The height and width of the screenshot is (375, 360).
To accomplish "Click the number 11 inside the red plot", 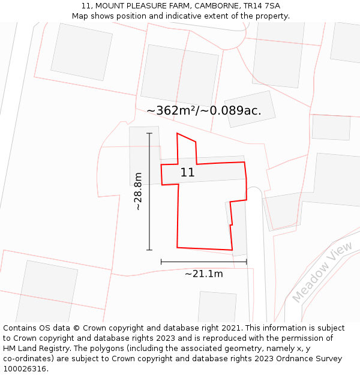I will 187,173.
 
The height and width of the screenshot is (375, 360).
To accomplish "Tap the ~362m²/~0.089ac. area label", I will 204,110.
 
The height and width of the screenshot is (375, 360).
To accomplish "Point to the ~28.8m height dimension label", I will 138,191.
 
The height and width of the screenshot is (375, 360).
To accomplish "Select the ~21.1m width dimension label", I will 203,274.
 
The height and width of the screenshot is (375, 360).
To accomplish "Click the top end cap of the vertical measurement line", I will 149,133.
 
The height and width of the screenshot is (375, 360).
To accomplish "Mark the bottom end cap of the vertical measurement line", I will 149,250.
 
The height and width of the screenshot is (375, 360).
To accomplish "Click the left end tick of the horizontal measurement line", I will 161,262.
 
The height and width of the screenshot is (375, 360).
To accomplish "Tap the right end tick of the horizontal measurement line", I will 247,262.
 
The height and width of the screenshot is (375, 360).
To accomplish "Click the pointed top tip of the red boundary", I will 177,133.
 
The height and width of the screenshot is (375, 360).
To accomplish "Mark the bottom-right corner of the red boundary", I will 232,250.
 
